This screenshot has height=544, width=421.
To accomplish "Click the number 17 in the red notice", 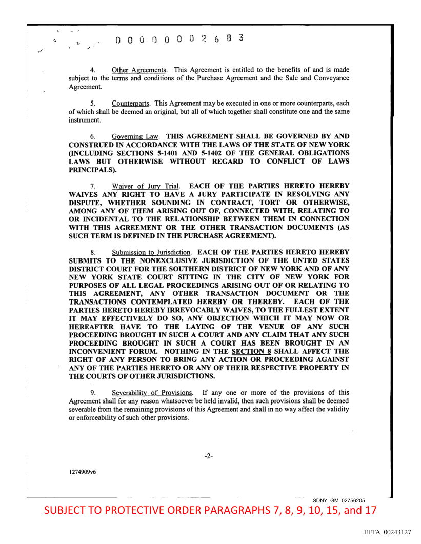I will tap(369, 511).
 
